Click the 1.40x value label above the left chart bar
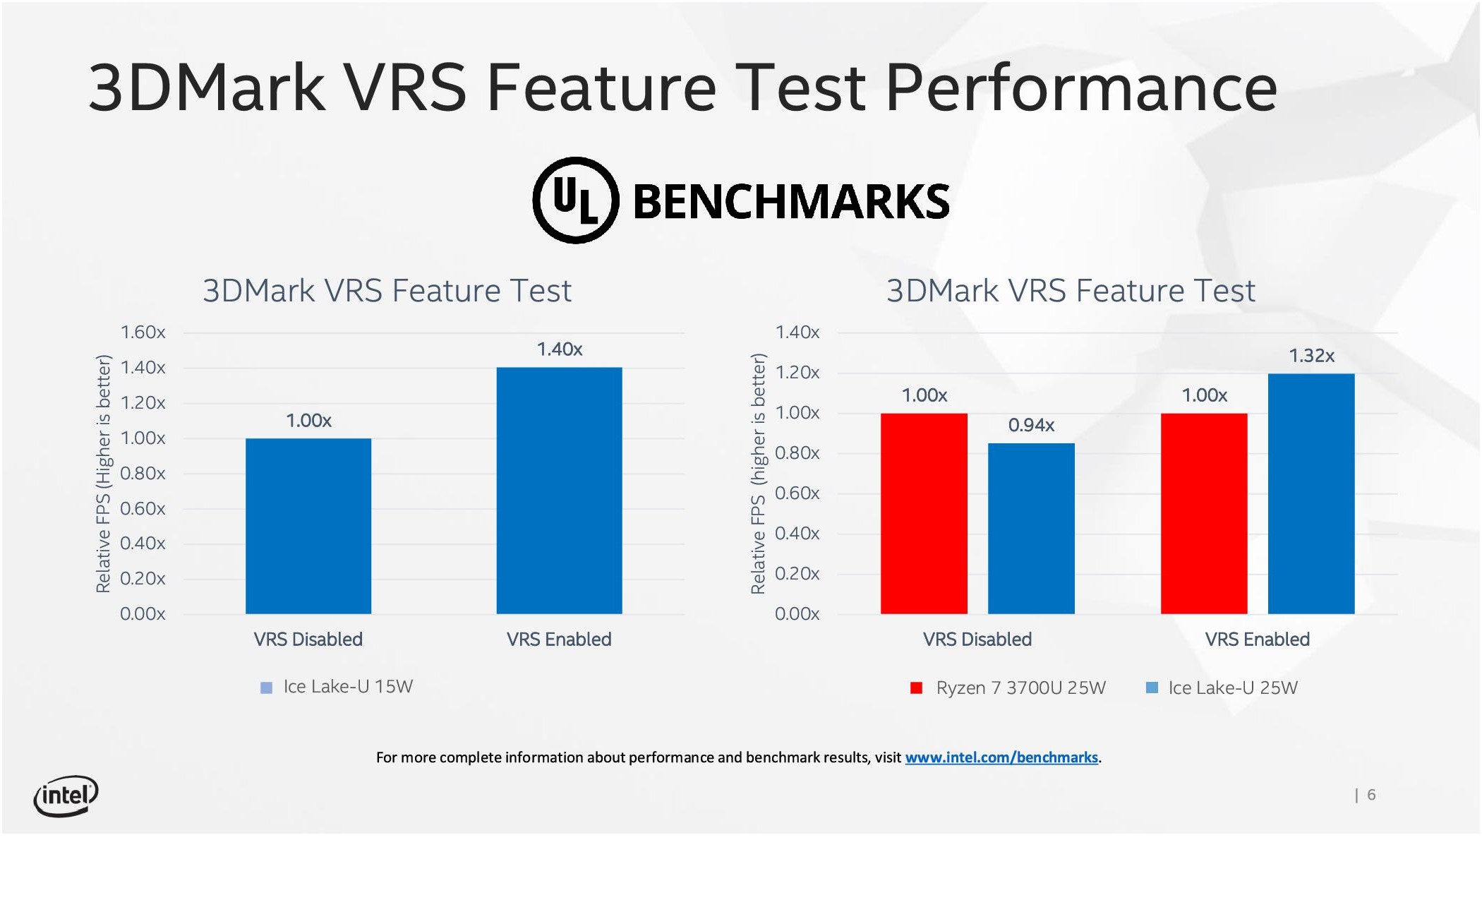pos(560,349)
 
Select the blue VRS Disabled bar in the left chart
pos(308,526)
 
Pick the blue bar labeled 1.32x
pos(1311,493)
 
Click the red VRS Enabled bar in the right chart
pos(1204,513)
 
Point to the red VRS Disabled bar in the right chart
pos(924,513)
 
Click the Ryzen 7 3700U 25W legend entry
pos(1009,688)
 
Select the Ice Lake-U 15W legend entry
pos(337,687)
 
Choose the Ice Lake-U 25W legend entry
pos(1222,688)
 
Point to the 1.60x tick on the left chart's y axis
pos(143,332)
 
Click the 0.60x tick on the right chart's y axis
pos(797,493)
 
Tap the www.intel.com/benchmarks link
pos(1001,757)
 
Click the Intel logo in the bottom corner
pos(66,796)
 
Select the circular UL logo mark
pos(576,200)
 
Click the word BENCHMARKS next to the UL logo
pos(791,202)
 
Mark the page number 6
pos(1371,795)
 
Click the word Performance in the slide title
pos(1080,88)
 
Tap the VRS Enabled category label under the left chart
pos(559,640)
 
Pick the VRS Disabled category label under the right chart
pos(977,640)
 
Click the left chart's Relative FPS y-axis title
pos(104,474)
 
